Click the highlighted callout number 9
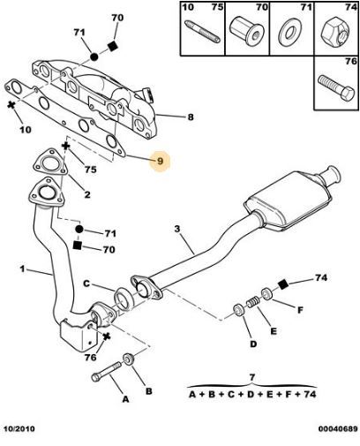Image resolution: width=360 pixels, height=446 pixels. pyautogui.click(x=160, y=161)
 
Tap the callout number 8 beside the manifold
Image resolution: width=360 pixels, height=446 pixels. pyautogui.click(x=191, y=117)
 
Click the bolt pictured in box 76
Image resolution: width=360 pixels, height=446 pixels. pyautogui.click(x=336, y=87)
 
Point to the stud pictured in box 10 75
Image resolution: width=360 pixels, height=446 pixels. pyautogui.click(x=202, y=31)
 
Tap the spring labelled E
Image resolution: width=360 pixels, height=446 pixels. pyautogui.click(x=253, y=302)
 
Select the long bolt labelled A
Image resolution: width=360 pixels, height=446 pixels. pyautogui.click(x=106, y=372)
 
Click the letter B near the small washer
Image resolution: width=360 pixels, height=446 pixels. pyautogui.click(x=149, y=391)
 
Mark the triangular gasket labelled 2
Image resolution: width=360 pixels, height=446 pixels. pyautogui.click(x=49, y=163)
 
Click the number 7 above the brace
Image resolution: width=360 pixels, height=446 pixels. pyautogui.click(x=252, y=377)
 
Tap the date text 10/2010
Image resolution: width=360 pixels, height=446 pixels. pyautogui.click(x=19, y=428)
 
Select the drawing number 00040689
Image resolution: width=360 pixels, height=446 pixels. pyautogui.click(x=338, y=428)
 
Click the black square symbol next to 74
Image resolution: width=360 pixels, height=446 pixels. pyautogui.click(x=283, y=283)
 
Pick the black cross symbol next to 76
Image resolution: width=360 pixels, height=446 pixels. pyautogui.click(x=107, y=336)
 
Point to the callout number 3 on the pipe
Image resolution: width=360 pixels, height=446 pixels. pyautogui.click(x=177, y=229)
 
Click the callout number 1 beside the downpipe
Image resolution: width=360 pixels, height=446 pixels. pyautogui.click(x=22, y=268)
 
